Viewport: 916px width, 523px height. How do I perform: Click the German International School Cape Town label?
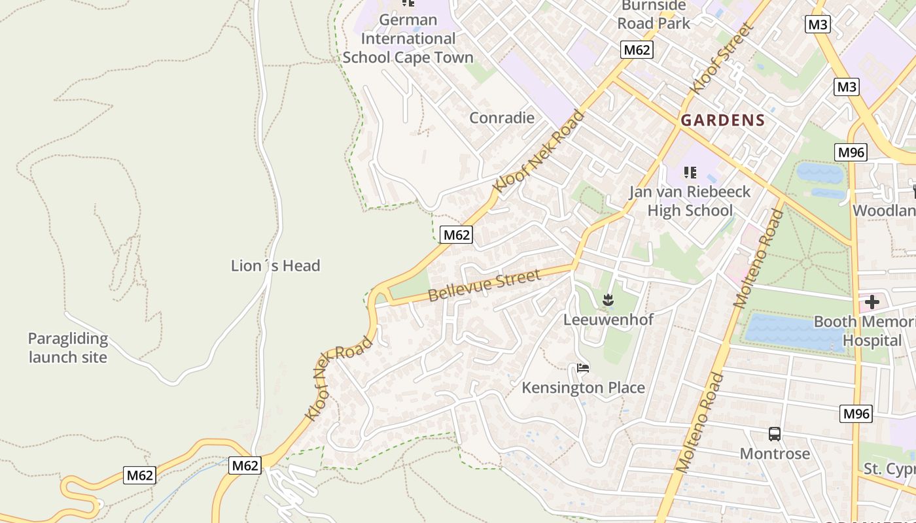click(408, 39)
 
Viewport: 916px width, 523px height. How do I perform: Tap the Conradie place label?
click(502, 118)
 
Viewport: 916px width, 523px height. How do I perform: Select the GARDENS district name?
click(722, 120)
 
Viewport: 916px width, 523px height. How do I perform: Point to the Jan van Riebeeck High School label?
click(690, 201)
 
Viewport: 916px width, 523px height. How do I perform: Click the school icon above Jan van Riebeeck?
click(690, 173)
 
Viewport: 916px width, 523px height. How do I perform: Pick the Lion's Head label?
click(275, 265)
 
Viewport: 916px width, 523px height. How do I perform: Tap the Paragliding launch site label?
click(67, 348)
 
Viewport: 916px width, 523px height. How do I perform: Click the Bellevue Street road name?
click(485, 286)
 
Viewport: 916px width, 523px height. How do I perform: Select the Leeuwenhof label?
click(608, 320)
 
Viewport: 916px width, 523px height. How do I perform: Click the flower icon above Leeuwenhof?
click(608, 301)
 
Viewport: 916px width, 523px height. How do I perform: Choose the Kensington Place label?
click(583, 388)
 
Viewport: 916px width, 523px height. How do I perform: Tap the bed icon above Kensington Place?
click(583, 368)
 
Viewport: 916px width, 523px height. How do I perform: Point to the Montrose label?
click(775, 453)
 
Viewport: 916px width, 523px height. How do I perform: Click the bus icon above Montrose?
click(775, 434)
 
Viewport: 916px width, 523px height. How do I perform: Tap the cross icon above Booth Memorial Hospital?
click(872, 302)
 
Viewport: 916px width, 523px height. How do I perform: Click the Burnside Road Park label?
click(656, 14)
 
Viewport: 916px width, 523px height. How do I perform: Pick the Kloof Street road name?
click(722, 58)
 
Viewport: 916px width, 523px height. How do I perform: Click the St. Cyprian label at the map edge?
click(889, 469)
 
